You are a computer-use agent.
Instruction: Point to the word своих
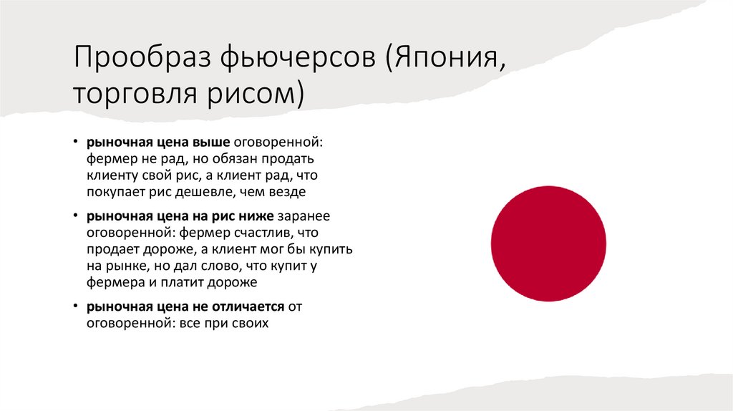tap(249, 324)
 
